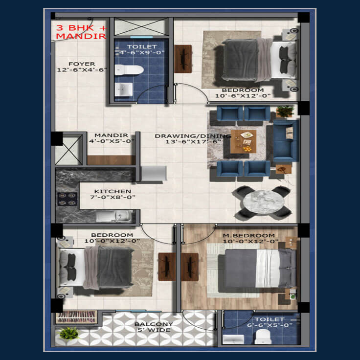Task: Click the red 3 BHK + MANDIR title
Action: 82,32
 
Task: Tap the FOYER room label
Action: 82,64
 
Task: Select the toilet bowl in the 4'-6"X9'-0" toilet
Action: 129,70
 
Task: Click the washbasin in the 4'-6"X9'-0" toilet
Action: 124,90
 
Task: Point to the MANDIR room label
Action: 112,135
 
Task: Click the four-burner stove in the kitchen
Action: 67,199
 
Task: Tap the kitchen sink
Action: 114,216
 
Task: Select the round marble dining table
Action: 264,202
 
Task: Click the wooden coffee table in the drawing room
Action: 244,141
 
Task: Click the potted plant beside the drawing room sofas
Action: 285,112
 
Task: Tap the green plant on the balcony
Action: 69,334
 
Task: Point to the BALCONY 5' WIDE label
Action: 154,327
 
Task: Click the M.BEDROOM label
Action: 249,236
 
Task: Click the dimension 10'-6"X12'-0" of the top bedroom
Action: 243,96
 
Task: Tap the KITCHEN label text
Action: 112,191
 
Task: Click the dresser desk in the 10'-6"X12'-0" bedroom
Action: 183,59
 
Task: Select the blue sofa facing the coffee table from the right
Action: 286,141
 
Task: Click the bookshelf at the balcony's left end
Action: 76,317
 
